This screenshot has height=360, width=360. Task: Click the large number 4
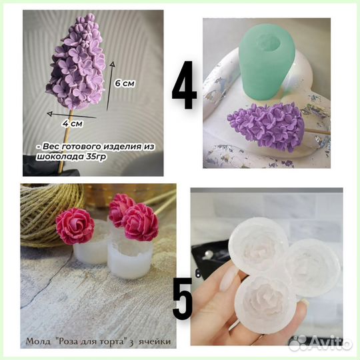185,85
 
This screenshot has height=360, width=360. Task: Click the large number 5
183,298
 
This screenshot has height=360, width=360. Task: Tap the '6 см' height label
125,83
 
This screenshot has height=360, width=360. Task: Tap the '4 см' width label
73,123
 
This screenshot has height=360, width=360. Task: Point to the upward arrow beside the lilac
110,86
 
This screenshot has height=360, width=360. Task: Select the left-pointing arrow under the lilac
71,115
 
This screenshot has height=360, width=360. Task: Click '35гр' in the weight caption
97,157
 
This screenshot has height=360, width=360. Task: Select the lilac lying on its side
264,127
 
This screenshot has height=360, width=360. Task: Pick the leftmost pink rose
75,226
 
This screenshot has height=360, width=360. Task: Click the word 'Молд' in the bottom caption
38,341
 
